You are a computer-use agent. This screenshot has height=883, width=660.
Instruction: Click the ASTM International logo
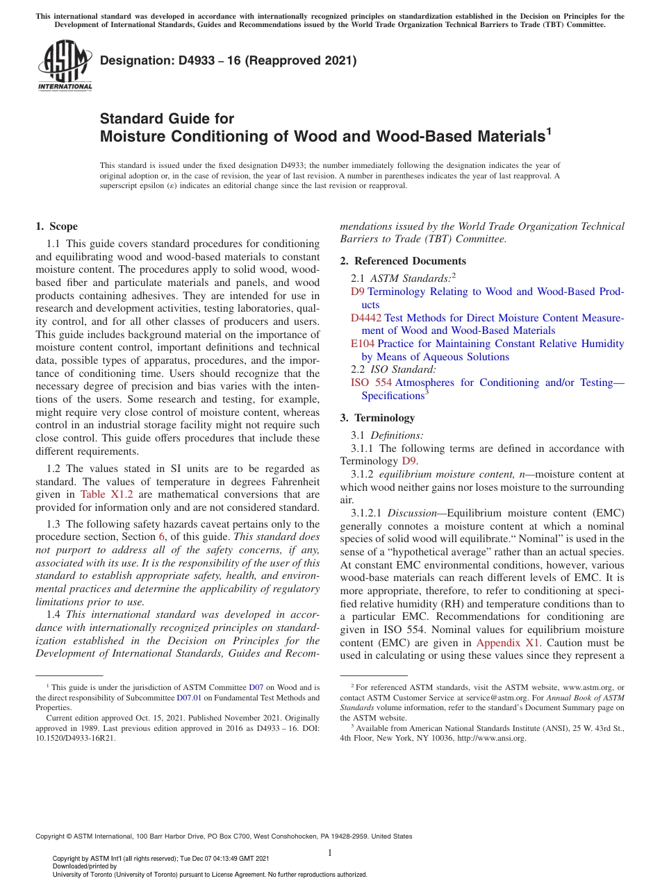click(x=64, y=67)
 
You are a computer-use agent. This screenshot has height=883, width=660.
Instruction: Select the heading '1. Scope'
click(x=56, y=226)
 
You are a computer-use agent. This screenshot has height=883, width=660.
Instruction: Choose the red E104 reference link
click(x=363, y=344)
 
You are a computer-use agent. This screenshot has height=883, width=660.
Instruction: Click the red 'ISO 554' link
click(x=371, y=382)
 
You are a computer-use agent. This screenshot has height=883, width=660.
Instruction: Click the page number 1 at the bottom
click(x=330, y=853)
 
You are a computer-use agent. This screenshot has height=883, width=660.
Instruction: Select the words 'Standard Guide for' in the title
click(x=167, y=119)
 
